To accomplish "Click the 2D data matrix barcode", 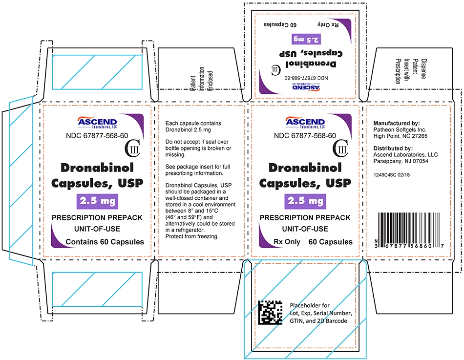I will [270, 313].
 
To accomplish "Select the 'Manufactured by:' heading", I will [396, 123].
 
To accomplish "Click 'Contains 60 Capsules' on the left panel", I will [105, 242].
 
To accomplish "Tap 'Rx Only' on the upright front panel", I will [286, 242].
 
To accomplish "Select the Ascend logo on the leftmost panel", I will [97, 122].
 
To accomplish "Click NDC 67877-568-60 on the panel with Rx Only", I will [305, 136].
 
